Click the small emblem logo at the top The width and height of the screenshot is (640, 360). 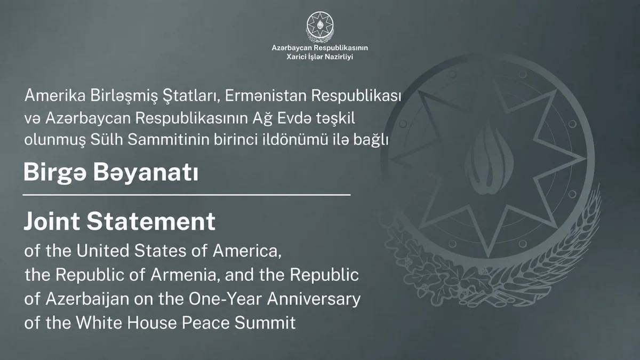pos(320,27)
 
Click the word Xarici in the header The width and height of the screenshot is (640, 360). pos(296,57)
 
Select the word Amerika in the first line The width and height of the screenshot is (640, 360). pos(55,95)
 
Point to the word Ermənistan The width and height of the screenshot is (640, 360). pos(266,95)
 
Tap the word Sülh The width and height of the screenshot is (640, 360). pos(107,139)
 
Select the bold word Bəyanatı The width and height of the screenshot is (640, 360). pos(146,173)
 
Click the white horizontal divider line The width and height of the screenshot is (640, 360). pos(187,195)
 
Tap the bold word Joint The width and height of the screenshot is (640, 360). pos(52,221)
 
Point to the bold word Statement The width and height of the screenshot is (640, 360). pos(151,221)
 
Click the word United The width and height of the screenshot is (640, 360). pos(103,251)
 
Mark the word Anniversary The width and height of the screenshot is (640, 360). pos(314,299)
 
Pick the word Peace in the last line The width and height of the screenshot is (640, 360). pos(206,323)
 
